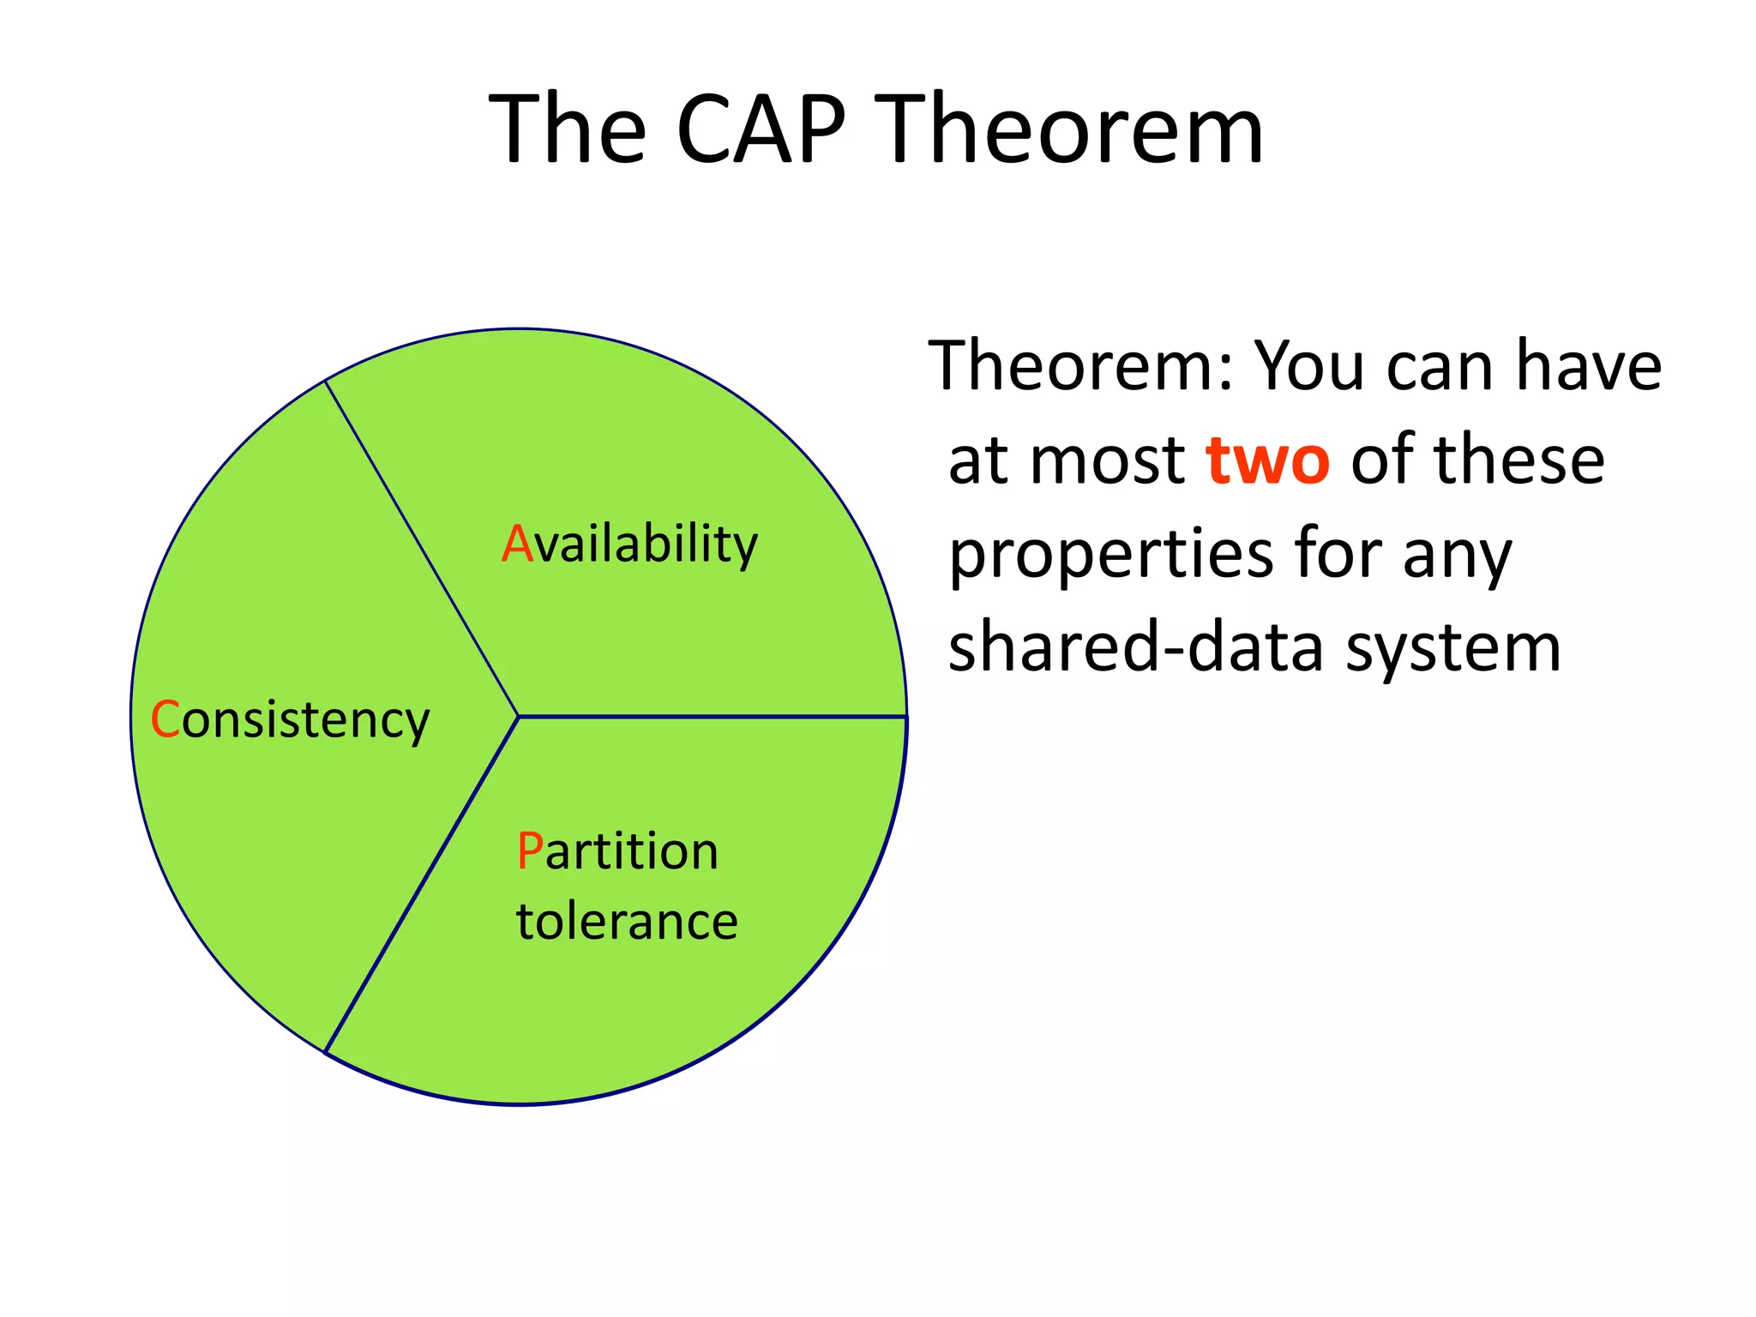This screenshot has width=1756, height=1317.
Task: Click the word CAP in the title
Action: point(761,130)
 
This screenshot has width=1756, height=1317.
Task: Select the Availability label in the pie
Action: point(629,544)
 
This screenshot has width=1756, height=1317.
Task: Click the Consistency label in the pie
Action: point(290,720)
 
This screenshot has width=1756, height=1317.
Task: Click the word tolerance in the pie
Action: point(627,922)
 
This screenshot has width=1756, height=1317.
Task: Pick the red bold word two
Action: point(1267,460)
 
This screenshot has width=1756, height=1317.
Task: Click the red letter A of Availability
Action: point(517,544)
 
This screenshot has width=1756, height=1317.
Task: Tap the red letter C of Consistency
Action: point(165,719)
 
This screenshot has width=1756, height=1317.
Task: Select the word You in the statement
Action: point(1310,366)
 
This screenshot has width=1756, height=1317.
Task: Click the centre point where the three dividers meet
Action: point(519,716)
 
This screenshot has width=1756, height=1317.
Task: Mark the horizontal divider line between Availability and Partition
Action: point(712,716)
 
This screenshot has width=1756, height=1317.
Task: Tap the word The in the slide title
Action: point(567,130)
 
